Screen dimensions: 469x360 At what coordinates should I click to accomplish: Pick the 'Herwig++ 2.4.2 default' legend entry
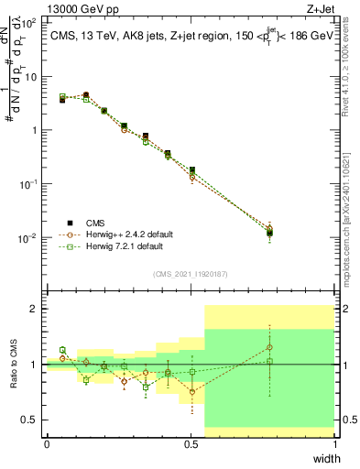[x=118, y=234]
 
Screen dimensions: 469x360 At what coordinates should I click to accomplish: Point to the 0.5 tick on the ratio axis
[x=32, y=420]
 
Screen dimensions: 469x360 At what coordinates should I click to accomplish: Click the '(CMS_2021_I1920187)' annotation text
[x=191, y=273]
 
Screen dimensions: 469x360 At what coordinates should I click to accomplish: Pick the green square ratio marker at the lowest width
[x=62, y=350]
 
